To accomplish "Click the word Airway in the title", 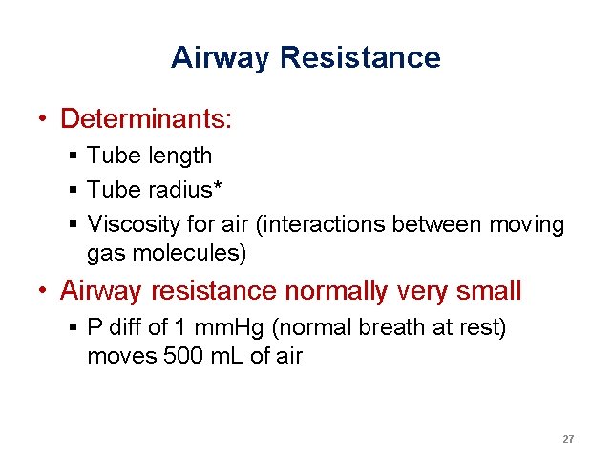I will pyautogui.click(x=221, y=58).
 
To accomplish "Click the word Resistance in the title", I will pyautogui.click(x=360, y=58).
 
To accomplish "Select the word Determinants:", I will pyautogui.click(x=146, y=119).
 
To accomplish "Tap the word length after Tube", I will pyautogui.click(x=180, y=156).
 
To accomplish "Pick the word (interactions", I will pyautogui.click(x=318, y=224).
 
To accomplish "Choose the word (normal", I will pyautogui.click(x=316, y=327).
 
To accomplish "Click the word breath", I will pyautogui.click(x=392, y=327).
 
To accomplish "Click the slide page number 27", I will pyautogui.click(x=568, y=439).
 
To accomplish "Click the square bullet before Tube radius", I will pyautogui.click(x=74, y=190).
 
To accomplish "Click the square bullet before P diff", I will pyautogui.click(x=74, y=327).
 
